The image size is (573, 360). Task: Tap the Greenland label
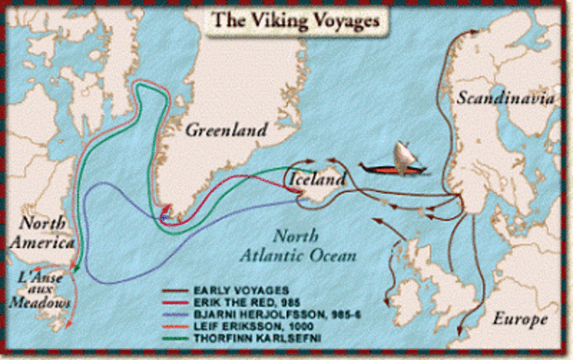(226, 131)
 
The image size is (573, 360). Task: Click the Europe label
(519, 320)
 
